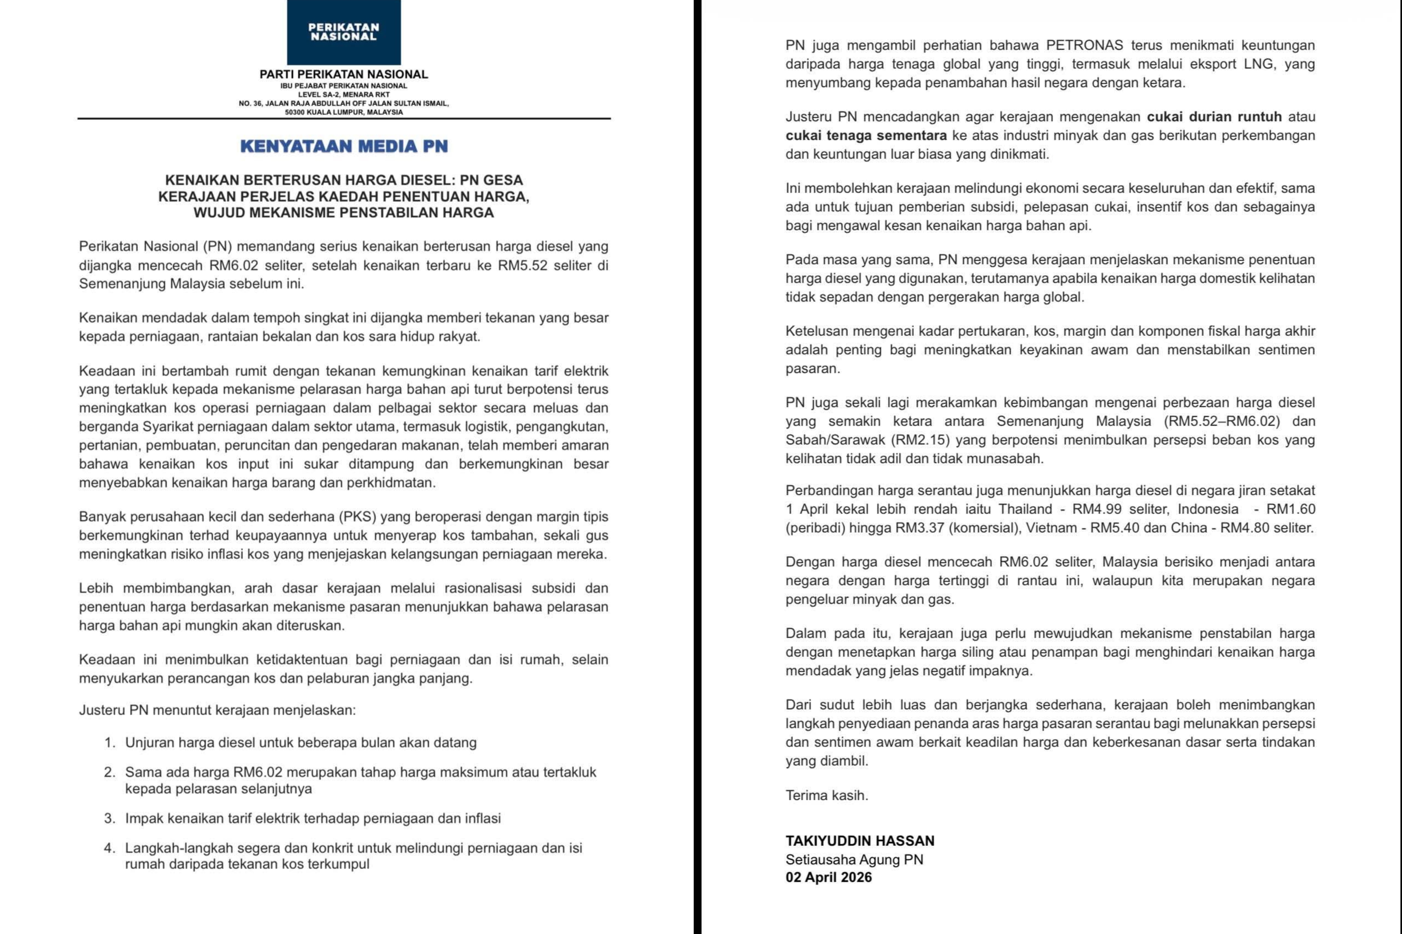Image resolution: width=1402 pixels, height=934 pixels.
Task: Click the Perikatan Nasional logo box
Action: pyautogui.click(x=344, y=32)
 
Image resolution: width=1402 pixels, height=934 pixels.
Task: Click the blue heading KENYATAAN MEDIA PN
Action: pyautogui.click(x=344, y=146)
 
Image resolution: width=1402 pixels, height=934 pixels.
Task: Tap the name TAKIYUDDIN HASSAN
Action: pyautogui.click(x=860, y=841)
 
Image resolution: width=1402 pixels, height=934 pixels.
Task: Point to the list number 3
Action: pyautogui.click(x=109, y=818)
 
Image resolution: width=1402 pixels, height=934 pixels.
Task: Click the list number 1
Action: pyautogui.click(x=109, y=743)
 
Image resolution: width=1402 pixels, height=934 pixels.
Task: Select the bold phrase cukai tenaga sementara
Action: pyautogui.click(x=866, y=135)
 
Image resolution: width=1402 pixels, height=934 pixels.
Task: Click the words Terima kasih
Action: pyautogui.click(x=826, y=795)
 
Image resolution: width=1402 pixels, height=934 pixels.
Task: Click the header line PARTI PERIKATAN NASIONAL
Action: pyautogui.click(x=344, y=75)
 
